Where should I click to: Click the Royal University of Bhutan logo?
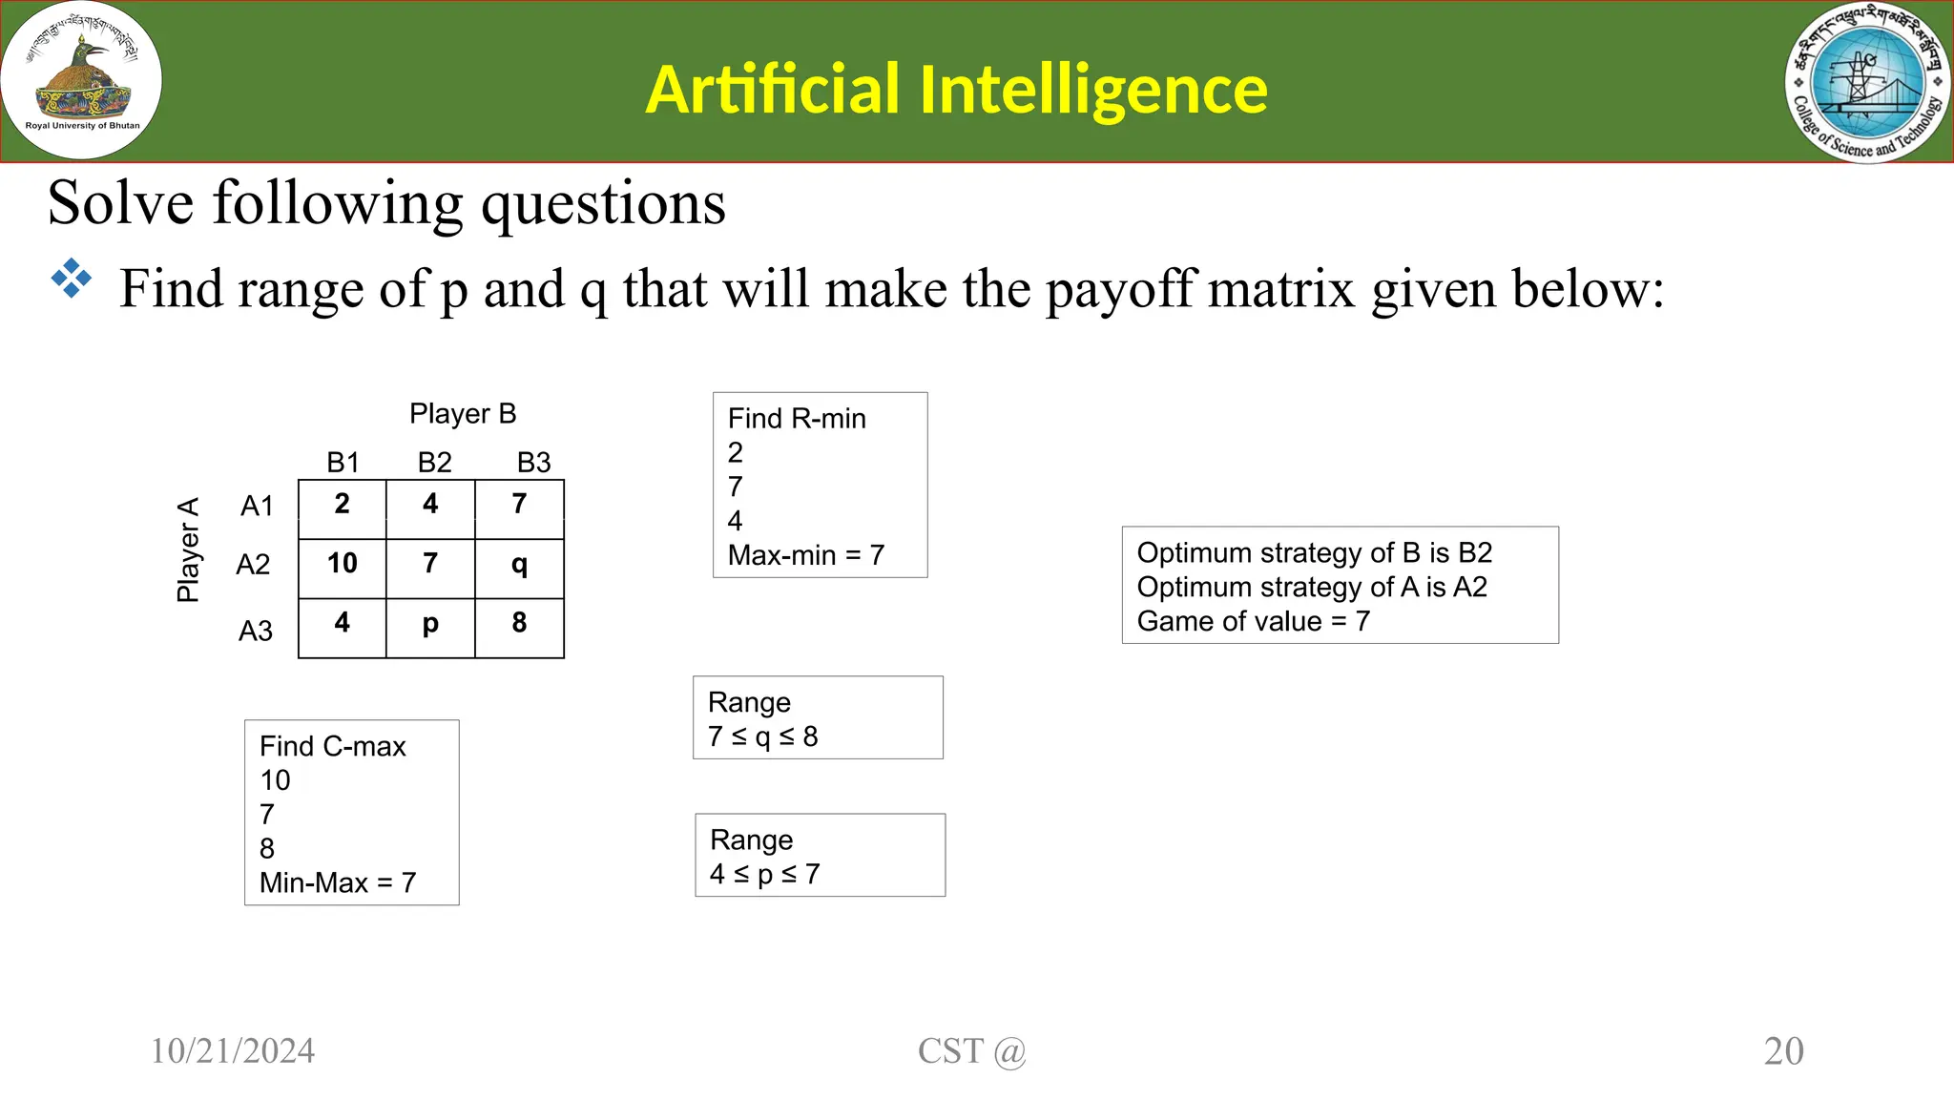(81, 81)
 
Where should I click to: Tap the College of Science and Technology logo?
(1867, 82)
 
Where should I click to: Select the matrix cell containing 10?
(342, 564)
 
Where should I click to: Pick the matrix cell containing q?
(519, 565)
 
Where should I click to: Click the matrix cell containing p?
(430, 624)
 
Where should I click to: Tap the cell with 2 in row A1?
(342, 505)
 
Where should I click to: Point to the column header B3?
(533, 463)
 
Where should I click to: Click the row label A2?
(253, 565)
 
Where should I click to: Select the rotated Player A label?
(188, 549)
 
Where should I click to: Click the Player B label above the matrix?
(463, 414)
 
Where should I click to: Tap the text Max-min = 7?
(806, 555)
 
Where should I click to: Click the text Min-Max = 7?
(338, 883)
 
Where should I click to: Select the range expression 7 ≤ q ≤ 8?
(763, 736)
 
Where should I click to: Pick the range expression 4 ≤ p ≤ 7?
(765, 874)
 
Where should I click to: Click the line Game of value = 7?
(1253, 622)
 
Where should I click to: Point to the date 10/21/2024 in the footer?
(233, 1051)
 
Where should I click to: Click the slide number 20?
(1783, 1051)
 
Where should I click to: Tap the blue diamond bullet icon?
(72, 280)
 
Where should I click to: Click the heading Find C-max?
(332, 746)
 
